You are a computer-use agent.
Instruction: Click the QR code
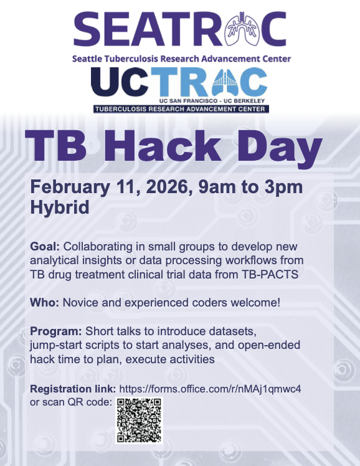tap(139, 420)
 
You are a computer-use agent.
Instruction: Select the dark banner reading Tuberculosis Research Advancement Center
tap(181, 109)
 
